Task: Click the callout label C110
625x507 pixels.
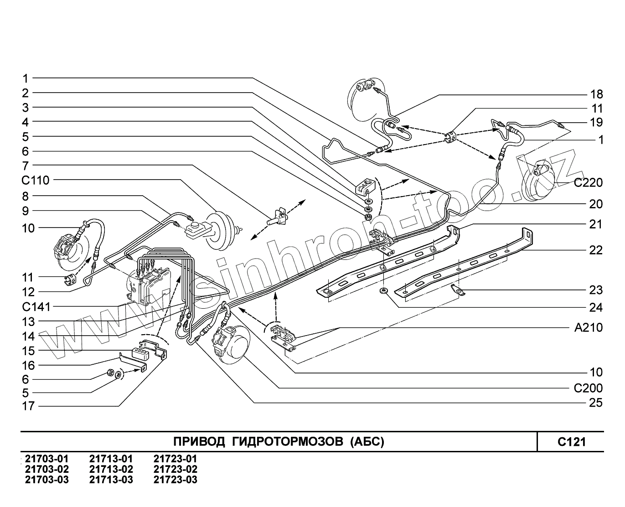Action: click(x=35, y=180)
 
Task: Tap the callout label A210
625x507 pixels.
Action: click(x=588, y=327)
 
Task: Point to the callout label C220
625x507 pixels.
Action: click(x=588, y=183)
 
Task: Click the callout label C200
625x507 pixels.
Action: click(x=588, y=388)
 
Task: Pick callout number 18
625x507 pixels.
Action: click(x=596, y=94)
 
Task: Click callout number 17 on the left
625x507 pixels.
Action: click(x=28, y=406)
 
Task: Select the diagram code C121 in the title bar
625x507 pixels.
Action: click(x=571, y=442)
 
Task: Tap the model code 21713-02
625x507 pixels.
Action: click(x=111, y=469)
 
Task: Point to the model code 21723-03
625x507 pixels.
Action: click(x=176, y=480)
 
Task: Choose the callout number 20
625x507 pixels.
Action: click(x=596, y=204)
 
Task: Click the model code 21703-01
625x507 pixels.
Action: click(x=47, y=459)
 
